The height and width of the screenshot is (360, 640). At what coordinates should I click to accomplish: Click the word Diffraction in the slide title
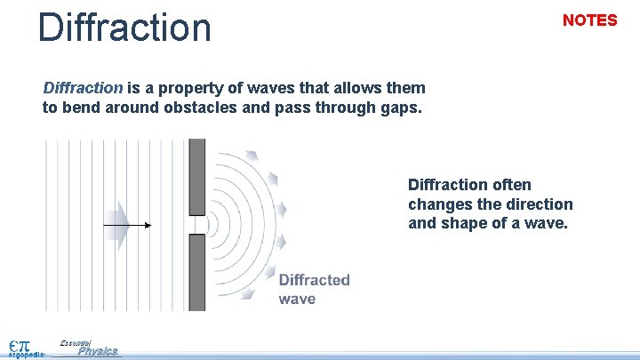point(124,27)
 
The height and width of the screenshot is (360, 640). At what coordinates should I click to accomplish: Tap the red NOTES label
point(589,20)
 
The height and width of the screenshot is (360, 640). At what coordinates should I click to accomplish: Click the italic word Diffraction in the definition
point(83,88)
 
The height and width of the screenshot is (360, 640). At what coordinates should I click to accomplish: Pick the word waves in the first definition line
point(275,88)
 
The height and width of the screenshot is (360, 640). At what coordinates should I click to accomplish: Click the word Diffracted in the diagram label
point(314,280)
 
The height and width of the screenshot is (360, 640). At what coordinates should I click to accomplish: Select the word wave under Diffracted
point(297,299)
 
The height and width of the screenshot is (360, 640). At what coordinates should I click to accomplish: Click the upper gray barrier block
point(197,176)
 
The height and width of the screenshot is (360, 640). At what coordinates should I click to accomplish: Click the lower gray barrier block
point(197,272)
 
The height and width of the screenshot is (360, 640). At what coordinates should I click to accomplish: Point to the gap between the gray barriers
point(197,224)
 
